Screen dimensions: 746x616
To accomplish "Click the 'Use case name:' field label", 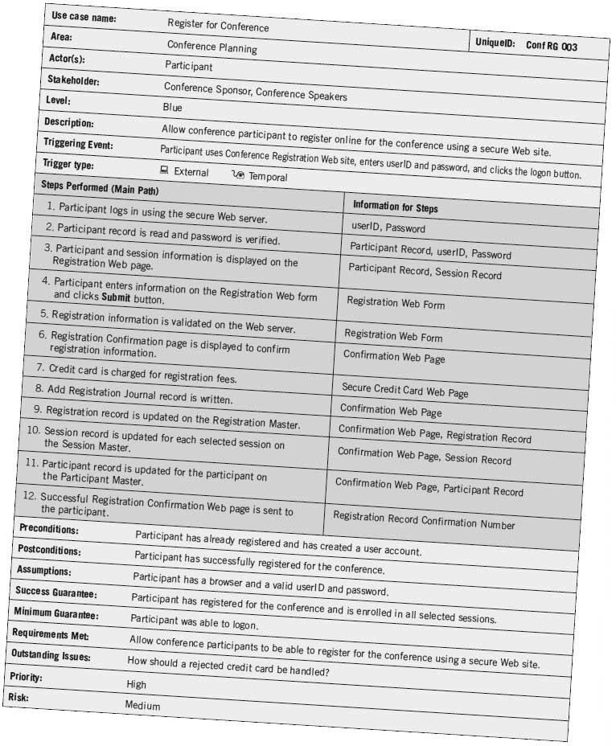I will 84,17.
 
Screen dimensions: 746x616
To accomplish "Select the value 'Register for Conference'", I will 218,26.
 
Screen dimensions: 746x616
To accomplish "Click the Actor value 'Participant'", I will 189,66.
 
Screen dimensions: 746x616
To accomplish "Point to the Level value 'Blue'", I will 172,107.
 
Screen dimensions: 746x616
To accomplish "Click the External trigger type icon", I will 164,170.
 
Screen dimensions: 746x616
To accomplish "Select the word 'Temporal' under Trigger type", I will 267,177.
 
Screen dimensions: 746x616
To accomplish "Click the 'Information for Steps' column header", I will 395,207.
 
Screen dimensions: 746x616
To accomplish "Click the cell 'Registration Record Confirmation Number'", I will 424,521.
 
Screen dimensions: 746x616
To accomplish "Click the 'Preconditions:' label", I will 49,531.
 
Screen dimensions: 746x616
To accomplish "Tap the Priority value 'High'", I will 136,684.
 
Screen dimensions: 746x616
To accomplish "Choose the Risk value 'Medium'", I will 142,706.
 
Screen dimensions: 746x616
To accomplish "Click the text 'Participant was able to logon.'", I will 194,621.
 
